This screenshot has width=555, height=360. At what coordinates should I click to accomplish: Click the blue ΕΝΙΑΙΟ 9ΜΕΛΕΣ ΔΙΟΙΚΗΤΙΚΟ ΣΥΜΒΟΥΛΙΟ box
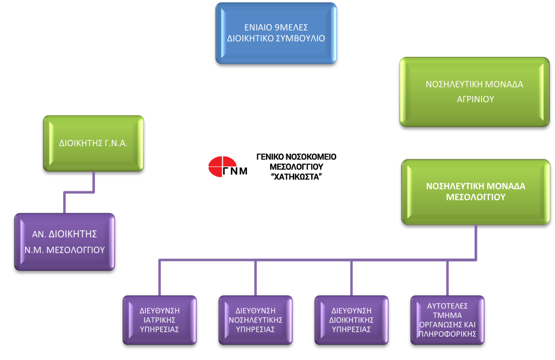pos(276,33)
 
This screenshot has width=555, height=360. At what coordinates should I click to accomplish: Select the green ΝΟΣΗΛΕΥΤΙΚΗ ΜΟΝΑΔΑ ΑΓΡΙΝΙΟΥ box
pos(475,92)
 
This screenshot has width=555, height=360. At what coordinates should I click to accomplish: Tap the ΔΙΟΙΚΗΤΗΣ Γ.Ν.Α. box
pos(93,143)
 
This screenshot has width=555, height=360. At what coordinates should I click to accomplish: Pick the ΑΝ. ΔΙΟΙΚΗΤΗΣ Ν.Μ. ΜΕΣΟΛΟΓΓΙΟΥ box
pos(64,242)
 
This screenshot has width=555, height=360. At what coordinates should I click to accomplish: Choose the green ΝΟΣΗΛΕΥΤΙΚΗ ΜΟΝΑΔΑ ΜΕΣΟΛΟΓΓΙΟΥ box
pos(476,192)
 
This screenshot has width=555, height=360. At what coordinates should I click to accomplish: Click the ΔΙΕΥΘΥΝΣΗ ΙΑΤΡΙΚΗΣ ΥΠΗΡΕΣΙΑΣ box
pos(160,320)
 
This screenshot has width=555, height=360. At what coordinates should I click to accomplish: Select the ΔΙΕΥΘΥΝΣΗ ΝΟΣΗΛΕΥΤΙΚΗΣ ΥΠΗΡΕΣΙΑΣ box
pos(255,320)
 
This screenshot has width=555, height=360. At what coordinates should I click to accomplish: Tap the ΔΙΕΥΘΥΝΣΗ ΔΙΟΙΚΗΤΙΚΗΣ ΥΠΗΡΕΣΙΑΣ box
pos(351,320)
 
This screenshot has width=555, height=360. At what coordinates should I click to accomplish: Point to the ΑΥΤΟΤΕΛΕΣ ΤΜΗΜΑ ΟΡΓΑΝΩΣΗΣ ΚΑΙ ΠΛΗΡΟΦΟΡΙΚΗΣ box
pos(448,320)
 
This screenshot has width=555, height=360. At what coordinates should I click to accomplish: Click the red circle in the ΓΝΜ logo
pos(222,167)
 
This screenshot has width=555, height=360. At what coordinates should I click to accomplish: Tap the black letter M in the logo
pos(243,171)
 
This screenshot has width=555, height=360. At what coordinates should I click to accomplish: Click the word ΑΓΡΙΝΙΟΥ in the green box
pos(475,99)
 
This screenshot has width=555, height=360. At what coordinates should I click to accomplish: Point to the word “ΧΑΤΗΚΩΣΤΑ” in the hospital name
pos(296,177)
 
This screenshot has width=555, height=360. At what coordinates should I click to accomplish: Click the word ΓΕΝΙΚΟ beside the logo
pos(270,157)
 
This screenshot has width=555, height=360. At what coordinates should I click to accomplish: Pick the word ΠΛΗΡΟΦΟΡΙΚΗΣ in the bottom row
pos(448,334)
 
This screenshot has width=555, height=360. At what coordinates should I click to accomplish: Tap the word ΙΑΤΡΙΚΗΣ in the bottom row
pos(160,320)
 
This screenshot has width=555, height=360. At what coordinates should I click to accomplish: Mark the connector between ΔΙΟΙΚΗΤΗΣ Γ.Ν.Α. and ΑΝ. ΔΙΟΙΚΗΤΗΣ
pos(79,192)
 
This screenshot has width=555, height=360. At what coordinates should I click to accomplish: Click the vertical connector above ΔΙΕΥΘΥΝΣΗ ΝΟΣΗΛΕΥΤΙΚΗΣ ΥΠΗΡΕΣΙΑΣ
pos(255,278)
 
